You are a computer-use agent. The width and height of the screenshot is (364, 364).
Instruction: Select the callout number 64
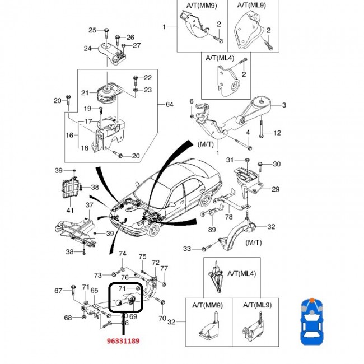coord(170,105)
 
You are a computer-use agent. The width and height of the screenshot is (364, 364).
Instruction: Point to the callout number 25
coord(93,30)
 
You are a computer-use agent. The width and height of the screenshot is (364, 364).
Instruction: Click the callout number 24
coord(87,49)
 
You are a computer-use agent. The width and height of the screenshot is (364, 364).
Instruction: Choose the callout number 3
coord(284,105)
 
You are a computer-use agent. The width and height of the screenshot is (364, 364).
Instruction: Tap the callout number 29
coord(276,190)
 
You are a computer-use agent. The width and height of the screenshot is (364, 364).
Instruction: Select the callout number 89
coord(212,229)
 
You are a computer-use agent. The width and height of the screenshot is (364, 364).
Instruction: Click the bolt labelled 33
coord(204,248)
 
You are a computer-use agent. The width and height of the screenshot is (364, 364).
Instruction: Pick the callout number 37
coord(89,205)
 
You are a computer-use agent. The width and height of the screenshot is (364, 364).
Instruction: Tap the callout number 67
coord(58,290)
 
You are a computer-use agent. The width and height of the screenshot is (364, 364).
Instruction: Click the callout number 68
coord(68,318)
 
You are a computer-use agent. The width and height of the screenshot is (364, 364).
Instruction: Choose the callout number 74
coord(122,254)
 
